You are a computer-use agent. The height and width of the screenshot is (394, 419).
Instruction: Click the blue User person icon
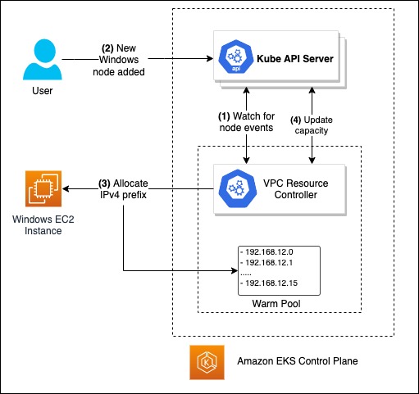coord(43,59)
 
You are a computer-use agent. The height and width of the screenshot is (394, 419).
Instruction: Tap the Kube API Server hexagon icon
coord(236,57)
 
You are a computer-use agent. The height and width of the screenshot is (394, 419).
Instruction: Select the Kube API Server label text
coord(295,59)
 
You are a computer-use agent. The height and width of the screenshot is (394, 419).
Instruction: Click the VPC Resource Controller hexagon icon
coord(238,188)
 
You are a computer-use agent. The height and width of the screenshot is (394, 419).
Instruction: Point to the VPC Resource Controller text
coord(296,189)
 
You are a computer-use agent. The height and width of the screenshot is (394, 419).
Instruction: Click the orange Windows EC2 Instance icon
coord(43,188)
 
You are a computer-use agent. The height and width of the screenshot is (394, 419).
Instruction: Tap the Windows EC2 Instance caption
coord(43,225)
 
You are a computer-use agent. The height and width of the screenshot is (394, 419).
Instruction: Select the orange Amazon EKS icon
coord(207,362)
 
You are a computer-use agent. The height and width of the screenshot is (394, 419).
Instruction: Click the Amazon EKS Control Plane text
coord(298,361)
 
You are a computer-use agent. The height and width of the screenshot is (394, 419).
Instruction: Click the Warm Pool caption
coord(276,304)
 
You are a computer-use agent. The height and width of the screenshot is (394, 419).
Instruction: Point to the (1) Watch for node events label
coord(246,122)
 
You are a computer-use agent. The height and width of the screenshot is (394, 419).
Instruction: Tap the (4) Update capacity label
coord(312,125)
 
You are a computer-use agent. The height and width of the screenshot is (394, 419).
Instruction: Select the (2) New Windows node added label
coord(119,60)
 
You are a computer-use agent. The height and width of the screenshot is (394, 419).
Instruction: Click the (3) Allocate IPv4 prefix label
coord(123,189)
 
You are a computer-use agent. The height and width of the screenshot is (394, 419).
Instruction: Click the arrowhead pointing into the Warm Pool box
coord(235,270)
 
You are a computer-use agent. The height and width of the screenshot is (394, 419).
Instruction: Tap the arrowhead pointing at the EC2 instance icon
coord(66,188)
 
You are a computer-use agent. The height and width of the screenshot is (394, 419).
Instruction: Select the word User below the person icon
coord(43,91)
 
